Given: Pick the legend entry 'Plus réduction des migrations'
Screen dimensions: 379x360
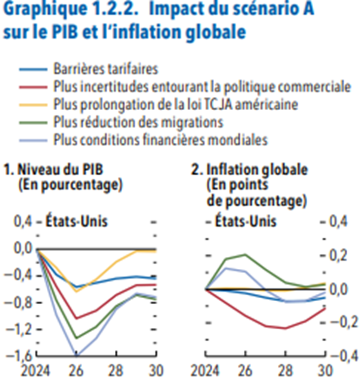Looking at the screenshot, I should click(x=138, y=122).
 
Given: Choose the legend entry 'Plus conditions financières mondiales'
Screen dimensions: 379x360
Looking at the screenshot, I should click(x=160, y=139).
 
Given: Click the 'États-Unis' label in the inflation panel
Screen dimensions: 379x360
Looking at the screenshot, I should click(x=246, y=221).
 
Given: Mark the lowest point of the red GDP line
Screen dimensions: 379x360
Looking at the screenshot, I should click(x=76, y=318).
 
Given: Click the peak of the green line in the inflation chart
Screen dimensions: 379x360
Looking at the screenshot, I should click(x=245, y=254).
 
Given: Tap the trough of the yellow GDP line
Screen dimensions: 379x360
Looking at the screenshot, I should click(x=76, y=291).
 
